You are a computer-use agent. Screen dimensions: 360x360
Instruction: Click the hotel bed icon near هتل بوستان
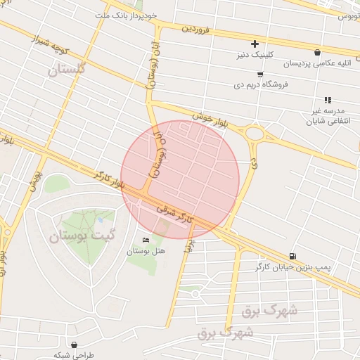click(146, 240)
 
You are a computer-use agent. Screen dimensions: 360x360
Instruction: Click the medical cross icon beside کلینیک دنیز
click(255, 44)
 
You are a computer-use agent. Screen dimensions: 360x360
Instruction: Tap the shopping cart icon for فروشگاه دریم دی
click(260, 74)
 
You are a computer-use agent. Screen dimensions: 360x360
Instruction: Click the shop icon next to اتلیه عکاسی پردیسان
click(318, 52)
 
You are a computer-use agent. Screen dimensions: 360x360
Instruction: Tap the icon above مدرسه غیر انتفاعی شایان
click(328, 101)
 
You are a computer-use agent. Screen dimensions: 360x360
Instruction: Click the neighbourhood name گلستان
click(67, 69)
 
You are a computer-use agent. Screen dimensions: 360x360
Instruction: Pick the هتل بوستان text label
click(146, 251)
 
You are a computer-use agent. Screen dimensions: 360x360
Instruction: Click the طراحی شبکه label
click(94, 355)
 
